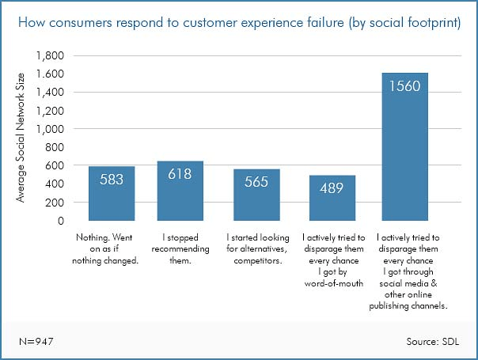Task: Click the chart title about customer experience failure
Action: (x=238, y=21)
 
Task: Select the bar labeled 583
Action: (x=112, y=194)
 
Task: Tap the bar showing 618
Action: (x=180, y=191)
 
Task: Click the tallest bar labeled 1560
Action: (x=404, y=147)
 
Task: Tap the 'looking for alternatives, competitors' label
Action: (x=256, y=242)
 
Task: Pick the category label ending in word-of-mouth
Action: (x=332, y=260)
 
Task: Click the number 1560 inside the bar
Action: (x=404, y=86)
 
